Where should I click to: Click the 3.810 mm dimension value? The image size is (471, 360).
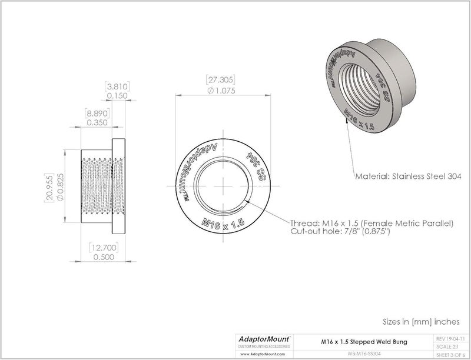pos(116,86)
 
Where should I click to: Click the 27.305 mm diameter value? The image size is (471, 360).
pos(221,81)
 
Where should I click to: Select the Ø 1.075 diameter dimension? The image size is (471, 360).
pos(221,91)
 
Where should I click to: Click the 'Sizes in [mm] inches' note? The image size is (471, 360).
pos(420,322)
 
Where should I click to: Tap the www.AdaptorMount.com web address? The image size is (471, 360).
pos(260,355)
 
